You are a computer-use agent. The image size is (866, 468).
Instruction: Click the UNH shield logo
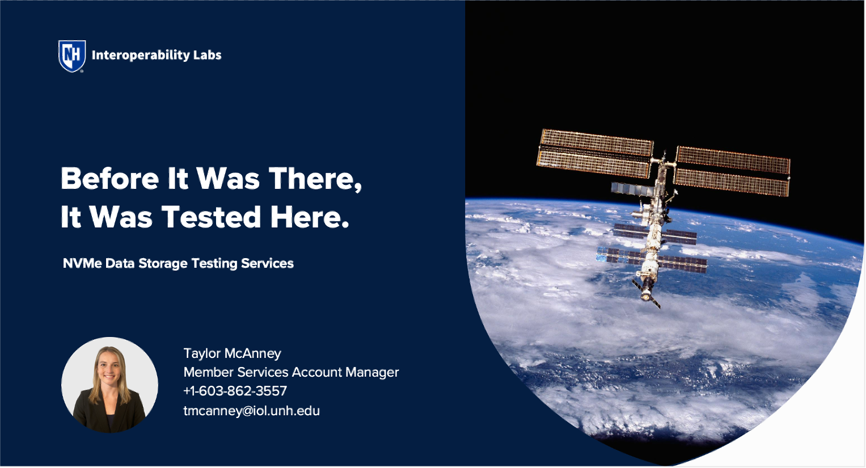72,56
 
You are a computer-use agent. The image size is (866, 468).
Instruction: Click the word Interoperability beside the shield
141,55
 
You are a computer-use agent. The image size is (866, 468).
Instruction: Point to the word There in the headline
315,179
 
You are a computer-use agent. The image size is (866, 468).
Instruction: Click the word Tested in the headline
212,217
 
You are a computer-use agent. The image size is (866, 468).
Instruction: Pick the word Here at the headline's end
309,217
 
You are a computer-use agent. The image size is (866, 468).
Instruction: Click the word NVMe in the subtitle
82,263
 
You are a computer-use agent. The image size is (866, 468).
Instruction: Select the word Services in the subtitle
267,263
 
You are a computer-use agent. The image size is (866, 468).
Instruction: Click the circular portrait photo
110,385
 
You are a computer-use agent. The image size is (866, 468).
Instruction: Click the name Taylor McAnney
232,353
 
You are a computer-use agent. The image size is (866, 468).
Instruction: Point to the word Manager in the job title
372,372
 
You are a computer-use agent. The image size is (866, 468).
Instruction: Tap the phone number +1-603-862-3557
235,391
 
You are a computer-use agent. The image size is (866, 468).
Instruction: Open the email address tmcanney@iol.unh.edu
252,410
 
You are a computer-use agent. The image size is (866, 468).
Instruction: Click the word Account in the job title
317,372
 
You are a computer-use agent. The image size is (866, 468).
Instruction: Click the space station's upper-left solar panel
594,154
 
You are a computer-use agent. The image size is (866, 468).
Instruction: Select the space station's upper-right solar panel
732,171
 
